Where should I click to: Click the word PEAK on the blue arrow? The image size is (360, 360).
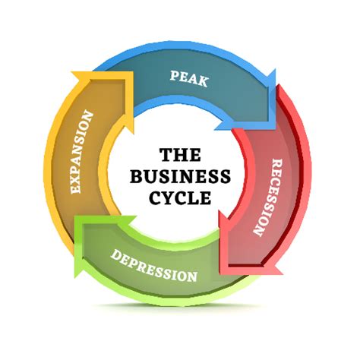click(189, 79)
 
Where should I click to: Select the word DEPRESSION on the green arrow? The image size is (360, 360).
click(154, 266)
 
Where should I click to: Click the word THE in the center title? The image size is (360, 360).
click(181, 155)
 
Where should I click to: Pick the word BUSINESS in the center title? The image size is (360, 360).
click(180, 176)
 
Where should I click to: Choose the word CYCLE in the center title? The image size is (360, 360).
click(180, 197)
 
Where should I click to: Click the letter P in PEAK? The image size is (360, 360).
click(175, 75)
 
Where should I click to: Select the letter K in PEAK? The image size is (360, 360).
click(203, 82)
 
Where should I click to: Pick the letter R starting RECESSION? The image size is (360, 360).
click(277, 164)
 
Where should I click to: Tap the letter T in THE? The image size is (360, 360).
click(166, 155)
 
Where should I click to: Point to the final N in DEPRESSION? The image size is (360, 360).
click(191, 276)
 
